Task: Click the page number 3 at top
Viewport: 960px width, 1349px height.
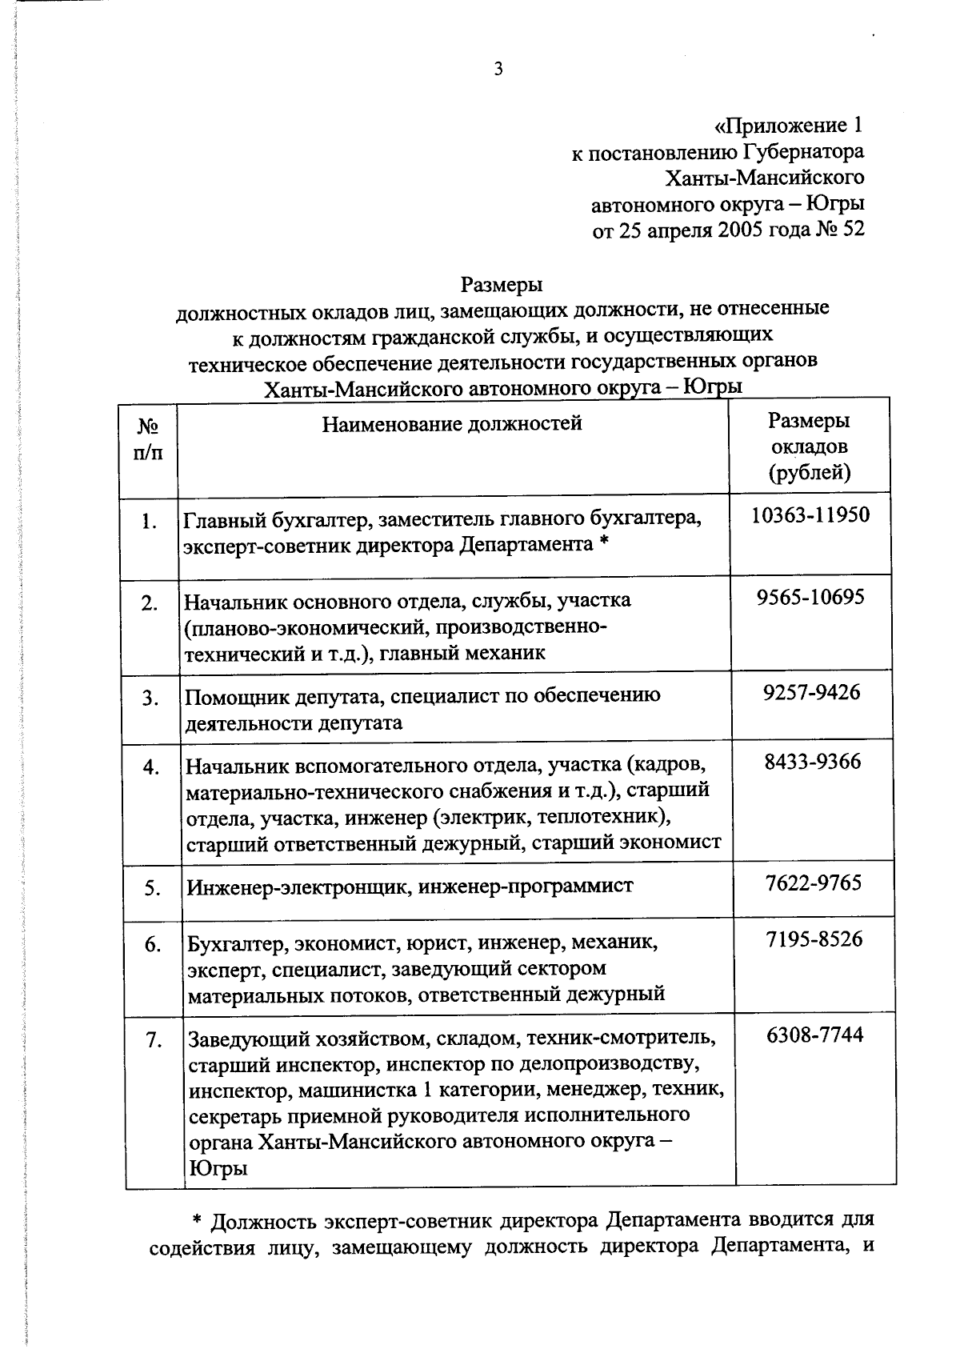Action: click(498, 70)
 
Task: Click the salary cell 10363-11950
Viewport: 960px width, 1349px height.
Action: click(810, 514)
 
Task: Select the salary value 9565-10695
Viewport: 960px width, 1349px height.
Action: click(810, 597)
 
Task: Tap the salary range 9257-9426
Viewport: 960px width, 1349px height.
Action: click(811, 692)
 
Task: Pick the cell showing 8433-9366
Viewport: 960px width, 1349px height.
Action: click(812, 761)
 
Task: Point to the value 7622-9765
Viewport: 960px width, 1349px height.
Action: click(813, 883)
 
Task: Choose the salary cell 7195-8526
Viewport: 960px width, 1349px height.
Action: click(814, 939)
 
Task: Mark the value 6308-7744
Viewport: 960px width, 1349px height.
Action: click(814, 1035)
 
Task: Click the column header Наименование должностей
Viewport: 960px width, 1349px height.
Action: click(452, 423)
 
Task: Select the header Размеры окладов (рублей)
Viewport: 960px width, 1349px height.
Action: click(809, 446)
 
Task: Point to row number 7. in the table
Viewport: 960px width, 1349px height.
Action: click(154, 1041)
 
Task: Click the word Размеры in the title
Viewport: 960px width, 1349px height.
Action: click(502, 285)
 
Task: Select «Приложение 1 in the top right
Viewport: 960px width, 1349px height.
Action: click(788, 126)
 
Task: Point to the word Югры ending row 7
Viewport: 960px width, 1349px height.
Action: click(217, 1169)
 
